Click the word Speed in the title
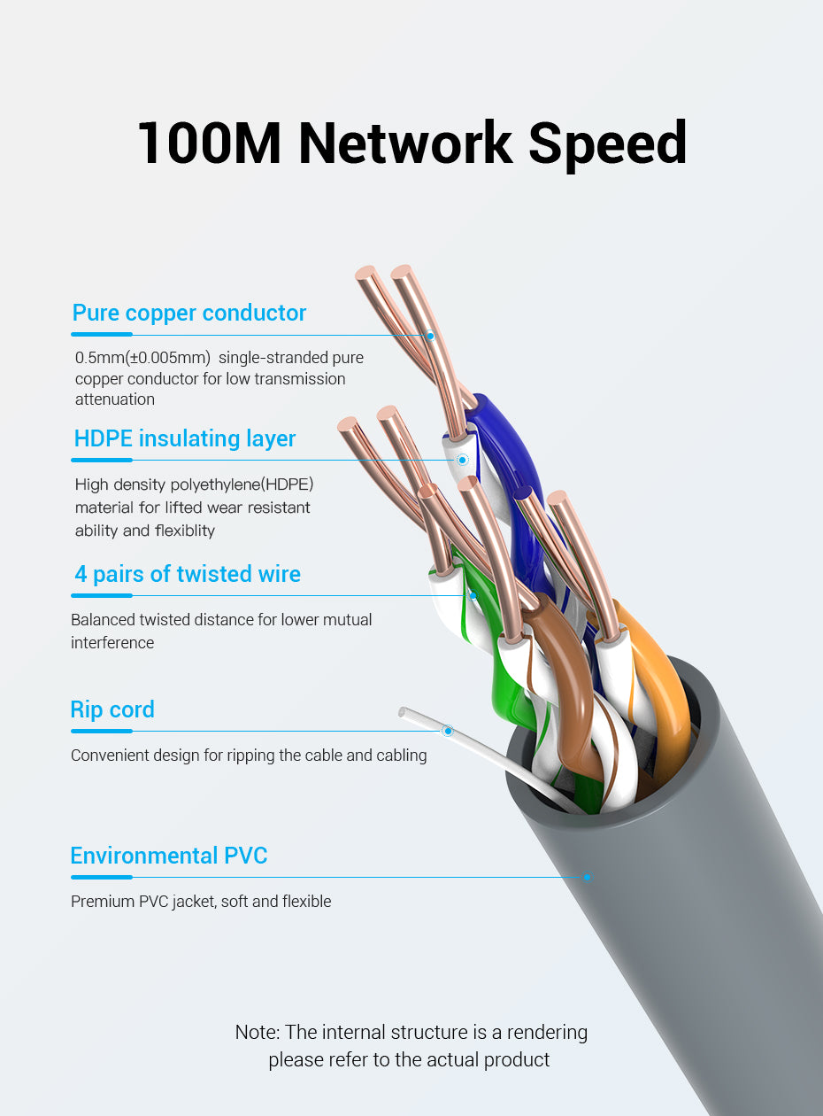(607, 145)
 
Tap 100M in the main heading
(209, 143)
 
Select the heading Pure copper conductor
(189, 313)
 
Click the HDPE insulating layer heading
(184, 438)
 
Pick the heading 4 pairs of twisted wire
(188, 574)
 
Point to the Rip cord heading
(112, 710)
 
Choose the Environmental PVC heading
(169, 856)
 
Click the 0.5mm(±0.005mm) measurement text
(142, 358)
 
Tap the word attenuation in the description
(115, 399)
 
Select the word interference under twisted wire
(112, 643)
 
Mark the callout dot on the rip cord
(448, 731)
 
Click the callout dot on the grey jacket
(588, 877)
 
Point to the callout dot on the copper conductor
(430, 336)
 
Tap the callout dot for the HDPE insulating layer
(463, 460)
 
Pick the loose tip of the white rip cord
(402, 712)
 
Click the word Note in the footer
(257, 1032)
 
